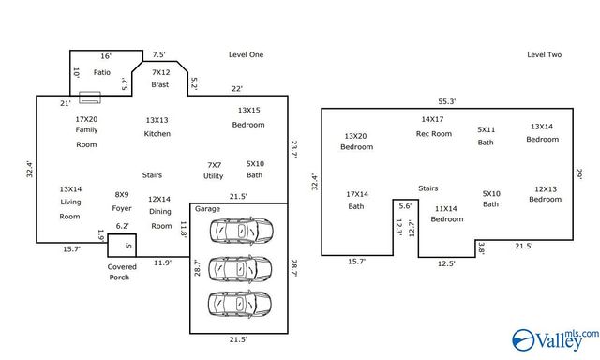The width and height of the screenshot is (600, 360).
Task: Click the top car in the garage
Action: pos(242,230)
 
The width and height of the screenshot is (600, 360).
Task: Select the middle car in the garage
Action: pos(242,266)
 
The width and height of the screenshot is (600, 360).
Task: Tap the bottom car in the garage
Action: pos(242,303)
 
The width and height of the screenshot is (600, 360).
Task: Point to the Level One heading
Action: pos(246,55)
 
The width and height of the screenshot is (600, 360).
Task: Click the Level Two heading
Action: pos(544,55)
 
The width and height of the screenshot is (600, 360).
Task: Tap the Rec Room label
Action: pos(433,127)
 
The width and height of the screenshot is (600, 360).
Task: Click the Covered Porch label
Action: pos(121,272)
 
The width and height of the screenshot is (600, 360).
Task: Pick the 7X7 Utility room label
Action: pos(214,170)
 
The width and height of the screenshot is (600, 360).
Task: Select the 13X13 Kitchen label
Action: pos(157,127)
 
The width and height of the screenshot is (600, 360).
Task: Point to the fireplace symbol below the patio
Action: pos(90,97)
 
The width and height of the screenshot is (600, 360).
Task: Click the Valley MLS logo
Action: pos(552,338)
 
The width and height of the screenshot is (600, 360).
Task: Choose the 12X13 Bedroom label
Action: pos(546,193)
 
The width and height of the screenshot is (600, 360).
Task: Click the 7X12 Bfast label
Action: pos(160,78)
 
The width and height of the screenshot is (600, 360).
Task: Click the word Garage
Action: pos(207,209)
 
